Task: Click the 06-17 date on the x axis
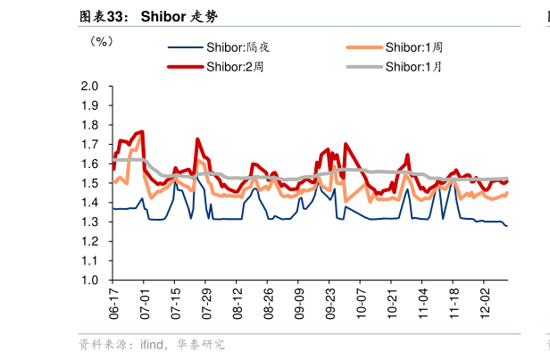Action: [x=114, y=304]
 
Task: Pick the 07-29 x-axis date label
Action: [x=206, y=304]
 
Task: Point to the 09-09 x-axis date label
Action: [x=299, y=304]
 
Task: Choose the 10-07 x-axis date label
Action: [x=361, y=304]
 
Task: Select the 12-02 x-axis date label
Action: [x=485, y=304]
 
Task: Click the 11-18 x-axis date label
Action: [x=454, y=304]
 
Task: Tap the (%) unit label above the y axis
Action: [x=101, y=41]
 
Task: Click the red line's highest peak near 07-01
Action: [x=141, y=132]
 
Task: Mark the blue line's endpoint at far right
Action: [x=507, y=226]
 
